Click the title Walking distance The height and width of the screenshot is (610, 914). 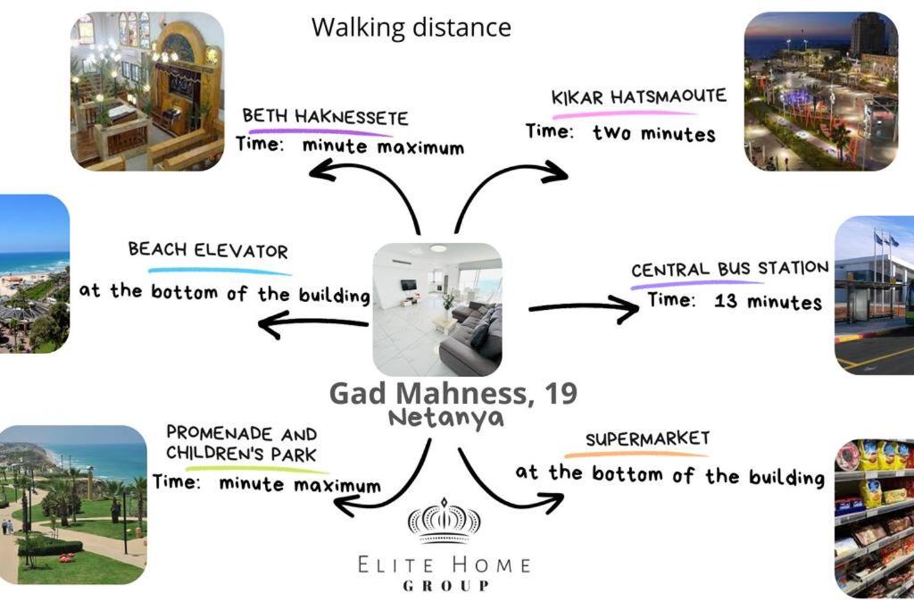411,28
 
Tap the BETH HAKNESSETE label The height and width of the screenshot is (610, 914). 325,117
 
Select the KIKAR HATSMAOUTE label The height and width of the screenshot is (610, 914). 639,96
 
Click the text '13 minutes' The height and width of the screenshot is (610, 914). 768,302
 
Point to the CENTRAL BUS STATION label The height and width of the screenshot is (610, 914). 730,270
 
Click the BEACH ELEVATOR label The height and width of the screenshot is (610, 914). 208,250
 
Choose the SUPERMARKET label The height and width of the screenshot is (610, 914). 648,439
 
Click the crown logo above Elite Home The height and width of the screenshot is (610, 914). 444,520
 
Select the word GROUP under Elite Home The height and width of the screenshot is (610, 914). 446,586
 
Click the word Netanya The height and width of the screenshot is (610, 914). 446,418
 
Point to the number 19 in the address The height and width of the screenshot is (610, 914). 560,394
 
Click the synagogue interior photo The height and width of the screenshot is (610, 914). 147,92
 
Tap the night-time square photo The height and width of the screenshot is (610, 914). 821,92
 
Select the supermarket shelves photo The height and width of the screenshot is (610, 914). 875,518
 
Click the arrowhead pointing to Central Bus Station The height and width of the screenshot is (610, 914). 625,309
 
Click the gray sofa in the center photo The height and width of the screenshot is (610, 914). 469,338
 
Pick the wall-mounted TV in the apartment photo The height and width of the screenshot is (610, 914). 408,285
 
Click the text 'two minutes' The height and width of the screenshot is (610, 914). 654,134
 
